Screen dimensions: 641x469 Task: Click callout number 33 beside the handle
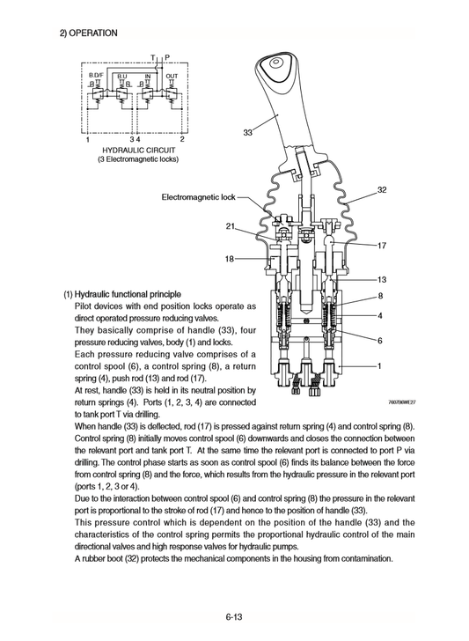coord(247,133)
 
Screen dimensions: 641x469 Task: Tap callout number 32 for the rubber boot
coord(382,189)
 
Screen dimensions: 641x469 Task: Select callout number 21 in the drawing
coord(230,227)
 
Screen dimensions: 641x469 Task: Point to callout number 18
coord(229,259)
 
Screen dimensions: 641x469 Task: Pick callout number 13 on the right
coord(382,279)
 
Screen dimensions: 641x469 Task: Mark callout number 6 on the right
coord(379,340)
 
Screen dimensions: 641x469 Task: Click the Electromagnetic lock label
coord(199,197)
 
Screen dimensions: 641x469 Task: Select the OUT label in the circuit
coord(172,77)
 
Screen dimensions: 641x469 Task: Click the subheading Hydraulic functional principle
coord(122,293)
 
